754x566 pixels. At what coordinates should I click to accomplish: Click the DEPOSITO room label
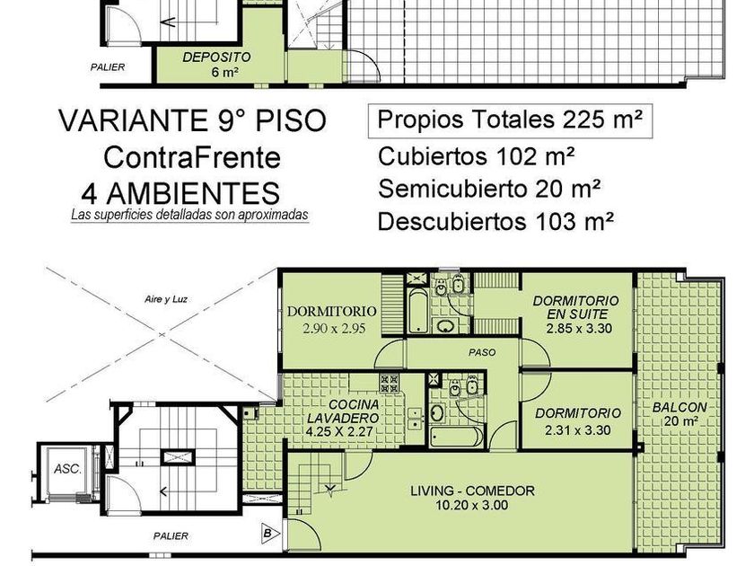pyautogui.click(x=216, y=57)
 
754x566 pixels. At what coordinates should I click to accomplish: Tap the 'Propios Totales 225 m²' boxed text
pyautogui.click(x=510, y=120)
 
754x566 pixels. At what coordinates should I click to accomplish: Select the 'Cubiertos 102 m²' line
pyautogui.click(x=477, y=156)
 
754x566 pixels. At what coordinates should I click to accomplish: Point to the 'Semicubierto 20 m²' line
pyautogui.click(x=489, y=188)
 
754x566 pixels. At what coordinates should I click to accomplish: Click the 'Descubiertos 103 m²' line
pyautogui.click(x=495, y=221)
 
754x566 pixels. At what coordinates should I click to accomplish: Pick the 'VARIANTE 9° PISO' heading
pyautogui.click(x=193, y=120)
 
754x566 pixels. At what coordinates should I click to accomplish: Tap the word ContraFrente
pyautogui.click(x=192, y=157)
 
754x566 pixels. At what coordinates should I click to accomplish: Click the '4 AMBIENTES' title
pyautogui.click(x=180, y=193)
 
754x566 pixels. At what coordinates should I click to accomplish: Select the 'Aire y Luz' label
pyautogui.click(x=166, y=299)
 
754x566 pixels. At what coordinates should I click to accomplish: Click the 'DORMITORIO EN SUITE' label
pyautogui.click(x=576, y=307)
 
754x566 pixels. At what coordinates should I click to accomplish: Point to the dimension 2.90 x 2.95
pyautogui.click(x=334, y=329)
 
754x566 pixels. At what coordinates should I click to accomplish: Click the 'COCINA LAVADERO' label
pyautogui.click(x=343, y=411)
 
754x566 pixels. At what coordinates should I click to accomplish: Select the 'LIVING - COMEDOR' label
pyautogui.click(x=472, y=491)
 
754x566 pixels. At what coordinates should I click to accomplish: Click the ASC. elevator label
pyautogui.click(x=67, y=469)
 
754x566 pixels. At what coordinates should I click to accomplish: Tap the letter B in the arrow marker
pyautogui.click(x=268, y=534)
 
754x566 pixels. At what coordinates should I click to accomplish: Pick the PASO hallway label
pyautogui.click(x=482, y=353)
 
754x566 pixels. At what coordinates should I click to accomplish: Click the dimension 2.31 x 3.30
pyautogui.click(x=578, y=429)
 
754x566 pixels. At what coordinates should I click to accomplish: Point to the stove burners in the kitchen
pyautogui.click(x=390, y=383)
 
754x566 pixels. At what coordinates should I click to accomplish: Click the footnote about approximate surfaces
pyautogui.click(x=189, y=215)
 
